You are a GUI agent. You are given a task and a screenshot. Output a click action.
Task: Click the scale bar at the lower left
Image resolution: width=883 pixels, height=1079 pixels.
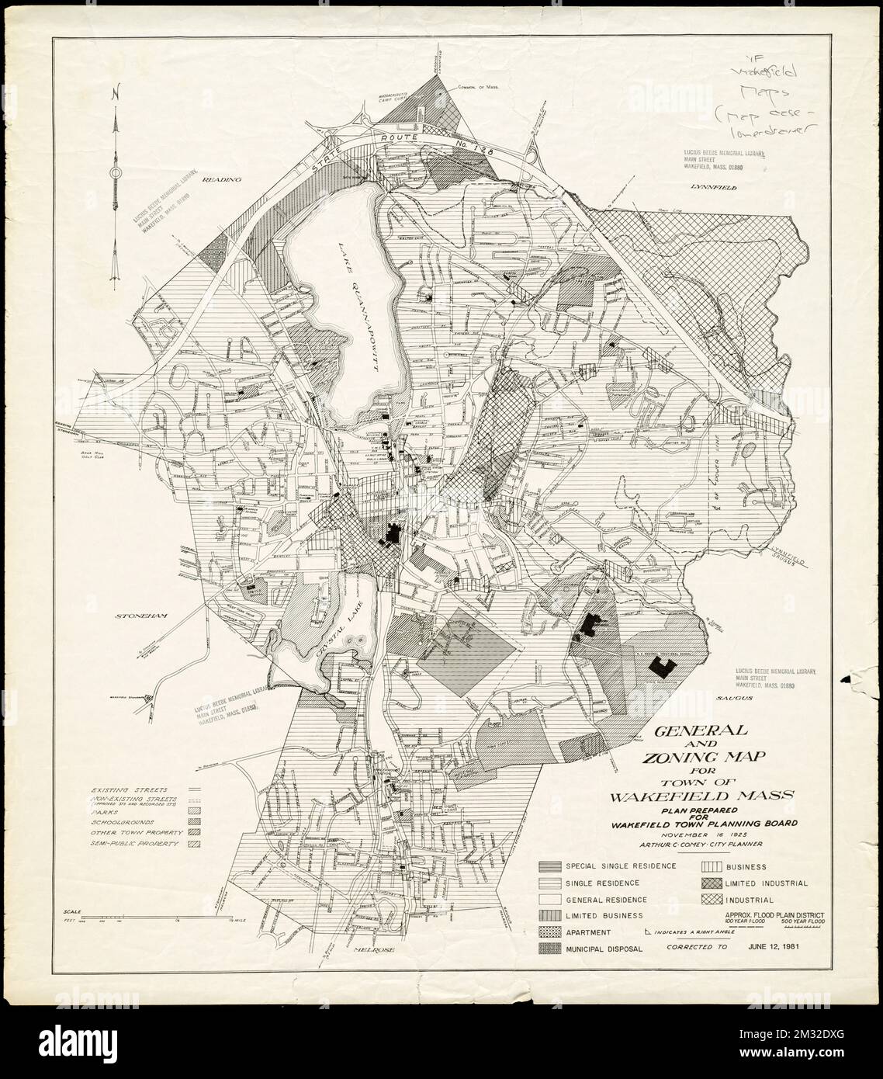pyautogui.click(x=147, y=914)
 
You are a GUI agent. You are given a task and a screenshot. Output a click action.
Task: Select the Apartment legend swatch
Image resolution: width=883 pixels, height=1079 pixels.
pyautogui.click(x=549, y=932)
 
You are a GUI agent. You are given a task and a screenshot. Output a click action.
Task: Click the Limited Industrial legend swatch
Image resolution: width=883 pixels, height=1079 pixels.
pyautogui.click(x=712, y=883)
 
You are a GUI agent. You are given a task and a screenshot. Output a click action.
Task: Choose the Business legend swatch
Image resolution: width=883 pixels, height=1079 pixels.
pyautogui.click(x=712, y=866)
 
